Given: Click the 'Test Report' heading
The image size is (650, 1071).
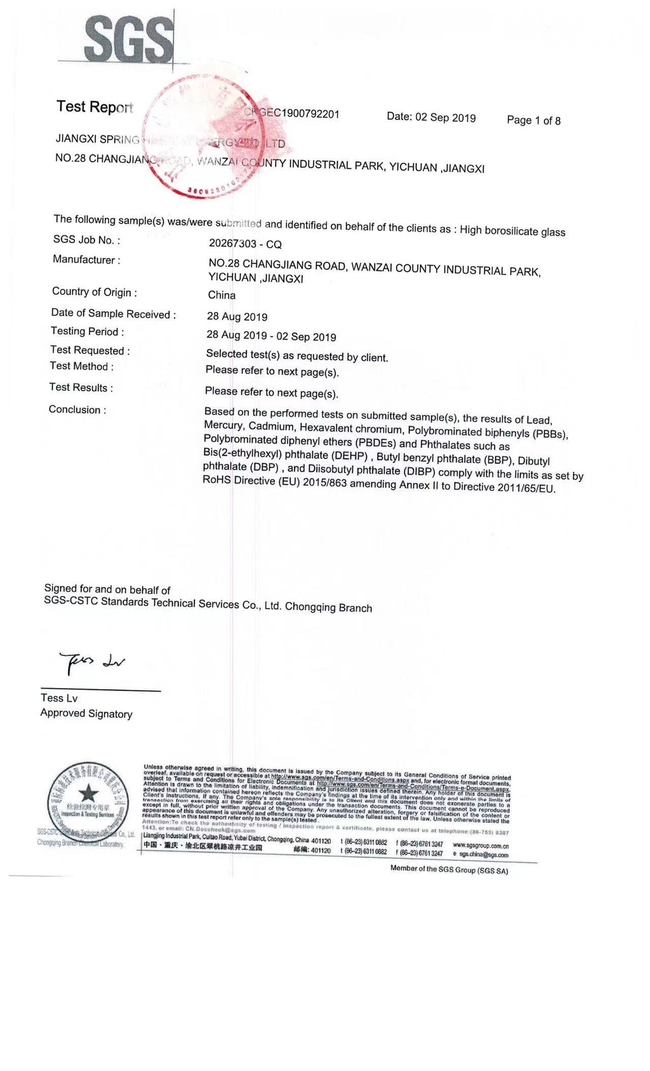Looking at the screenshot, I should [x=95, y=107].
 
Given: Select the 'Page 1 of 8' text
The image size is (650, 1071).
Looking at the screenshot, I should [x=533, y=120].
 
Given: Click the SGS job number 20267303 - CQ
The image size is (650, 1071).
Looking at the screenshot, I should [x=245, y=244].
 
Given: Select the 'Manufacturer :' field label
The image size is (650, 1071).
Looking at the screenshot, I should [x=86, y=259].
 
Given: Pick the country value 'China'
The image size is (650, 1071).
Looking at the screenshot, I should [x=222, y=295].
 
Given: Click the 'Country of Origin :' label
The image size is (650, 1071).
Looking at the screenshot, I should [x=95, y=292].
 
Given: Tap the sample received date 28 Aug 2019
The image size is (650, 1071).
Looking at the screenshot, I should [x=237, y=316].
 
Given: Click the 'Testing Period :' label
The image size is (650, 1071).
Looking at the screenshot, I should [x=88, y=331].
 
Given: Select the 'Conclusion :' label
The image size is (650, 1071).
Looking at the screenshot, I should [x=77, y=410].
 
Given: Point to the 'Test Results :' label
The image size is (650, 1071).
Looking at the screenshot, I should [x=81, y=387].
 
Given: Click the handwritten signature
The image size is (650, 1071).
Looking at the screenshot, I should [x=92, y=661].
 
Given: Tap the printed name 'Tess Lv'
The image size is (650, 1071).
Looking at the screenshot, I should [x=59, y=697].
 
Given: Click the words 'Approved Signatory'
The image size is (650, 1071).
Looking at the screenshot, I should [x=86, y=713].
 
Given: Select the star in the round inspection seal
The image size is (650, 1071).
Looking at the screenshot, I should [x=88, y=793].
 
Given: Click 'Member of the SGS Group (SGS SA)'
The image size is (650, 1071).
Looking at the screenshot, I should [x=449, y=870].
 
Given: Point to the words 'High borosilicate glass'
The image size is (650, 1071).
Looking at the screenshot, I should [x=512, y=231].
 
